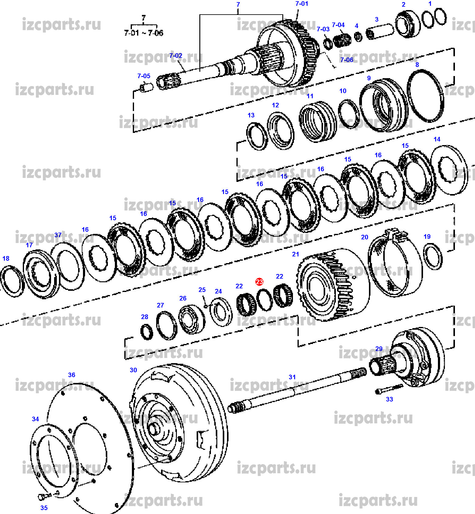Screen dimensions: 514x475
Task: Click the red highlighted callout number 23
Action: [x=259, y=282]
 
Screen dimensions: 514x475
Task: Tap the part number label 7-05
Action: [x=144, y=76]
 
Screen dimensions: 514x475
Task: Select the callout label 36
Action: [x=71, y=375]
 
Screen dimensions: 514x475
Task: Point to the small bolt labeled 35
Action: [x=42, y=497]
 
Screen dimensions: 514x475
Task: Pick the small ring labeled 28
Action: [x=147, y=332]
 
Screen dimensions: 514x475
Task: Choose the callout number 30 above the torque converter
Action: [x=133, y=370]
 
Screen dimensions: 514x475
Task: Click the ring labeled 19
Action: [x=433, y=257]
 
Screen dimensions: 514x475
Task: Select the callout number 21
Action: [x=295, y=254]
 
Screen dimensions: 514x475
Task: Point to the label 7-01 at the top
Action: [x=301, y=4]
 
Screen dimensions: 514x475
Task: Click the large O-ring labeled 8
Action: [x=425, y=96]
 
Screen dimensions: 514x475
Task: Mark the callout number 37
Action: [x=58, y=235]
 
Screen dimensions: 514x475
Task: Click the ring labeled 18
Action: [x=12, y=281]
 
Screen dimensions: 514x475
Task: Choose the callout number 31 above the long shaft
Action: [x=292, y=377]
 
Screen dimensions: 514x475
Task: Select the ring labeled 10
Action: [x=349, y=114]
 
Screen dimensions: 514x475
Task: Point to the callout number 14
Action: [x=437, y=139]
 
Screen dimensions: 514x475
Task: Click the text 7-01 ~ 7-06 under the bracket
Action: [x=143, y=33]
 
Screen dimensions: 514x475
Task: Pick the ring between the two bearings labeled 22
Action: [x=264, y=300]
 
